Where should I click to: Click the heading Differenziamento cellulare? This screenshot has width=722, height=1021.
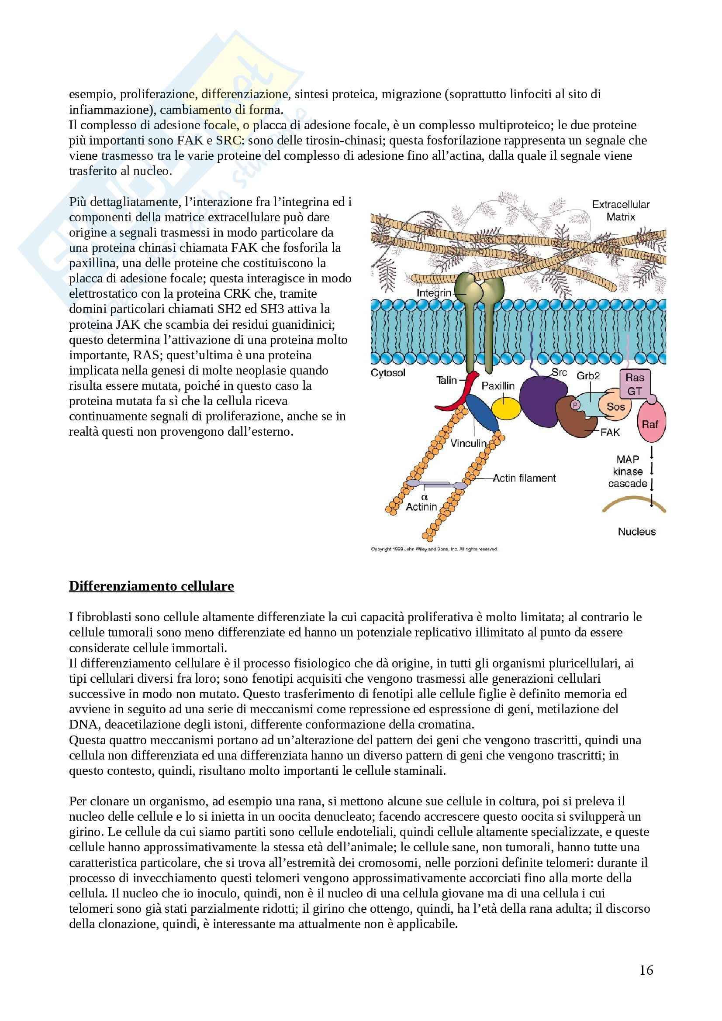pos(151,586)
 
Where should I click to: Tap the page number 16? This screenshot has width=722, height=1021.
pos(646,970)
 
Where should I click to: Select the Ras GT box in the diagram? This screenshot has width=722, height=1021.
pos(635,384)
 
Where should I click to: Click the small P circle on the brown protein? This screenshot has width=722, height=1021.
pos(575,405)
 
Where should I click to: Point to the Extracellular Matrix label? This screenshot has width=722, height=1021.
pos(621,210)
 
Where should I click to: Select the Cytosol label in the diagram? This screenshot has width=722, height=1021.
pos(388,373)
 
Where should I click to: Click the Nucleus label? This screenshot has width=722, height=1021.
pos(636,531)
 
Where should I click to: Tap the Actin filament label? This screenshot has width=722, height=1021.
pos(524,478)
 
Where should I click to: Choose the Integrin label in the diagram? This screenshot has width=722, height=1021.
pos(434,293)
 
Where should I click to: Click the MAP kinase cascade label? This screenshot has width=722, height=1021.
pos(627,471)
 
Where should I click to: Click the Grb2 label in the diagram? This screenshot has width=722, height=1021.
pos(588,376)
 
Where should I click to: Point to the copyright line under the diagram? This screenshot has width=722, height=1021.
pos(434,549)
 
